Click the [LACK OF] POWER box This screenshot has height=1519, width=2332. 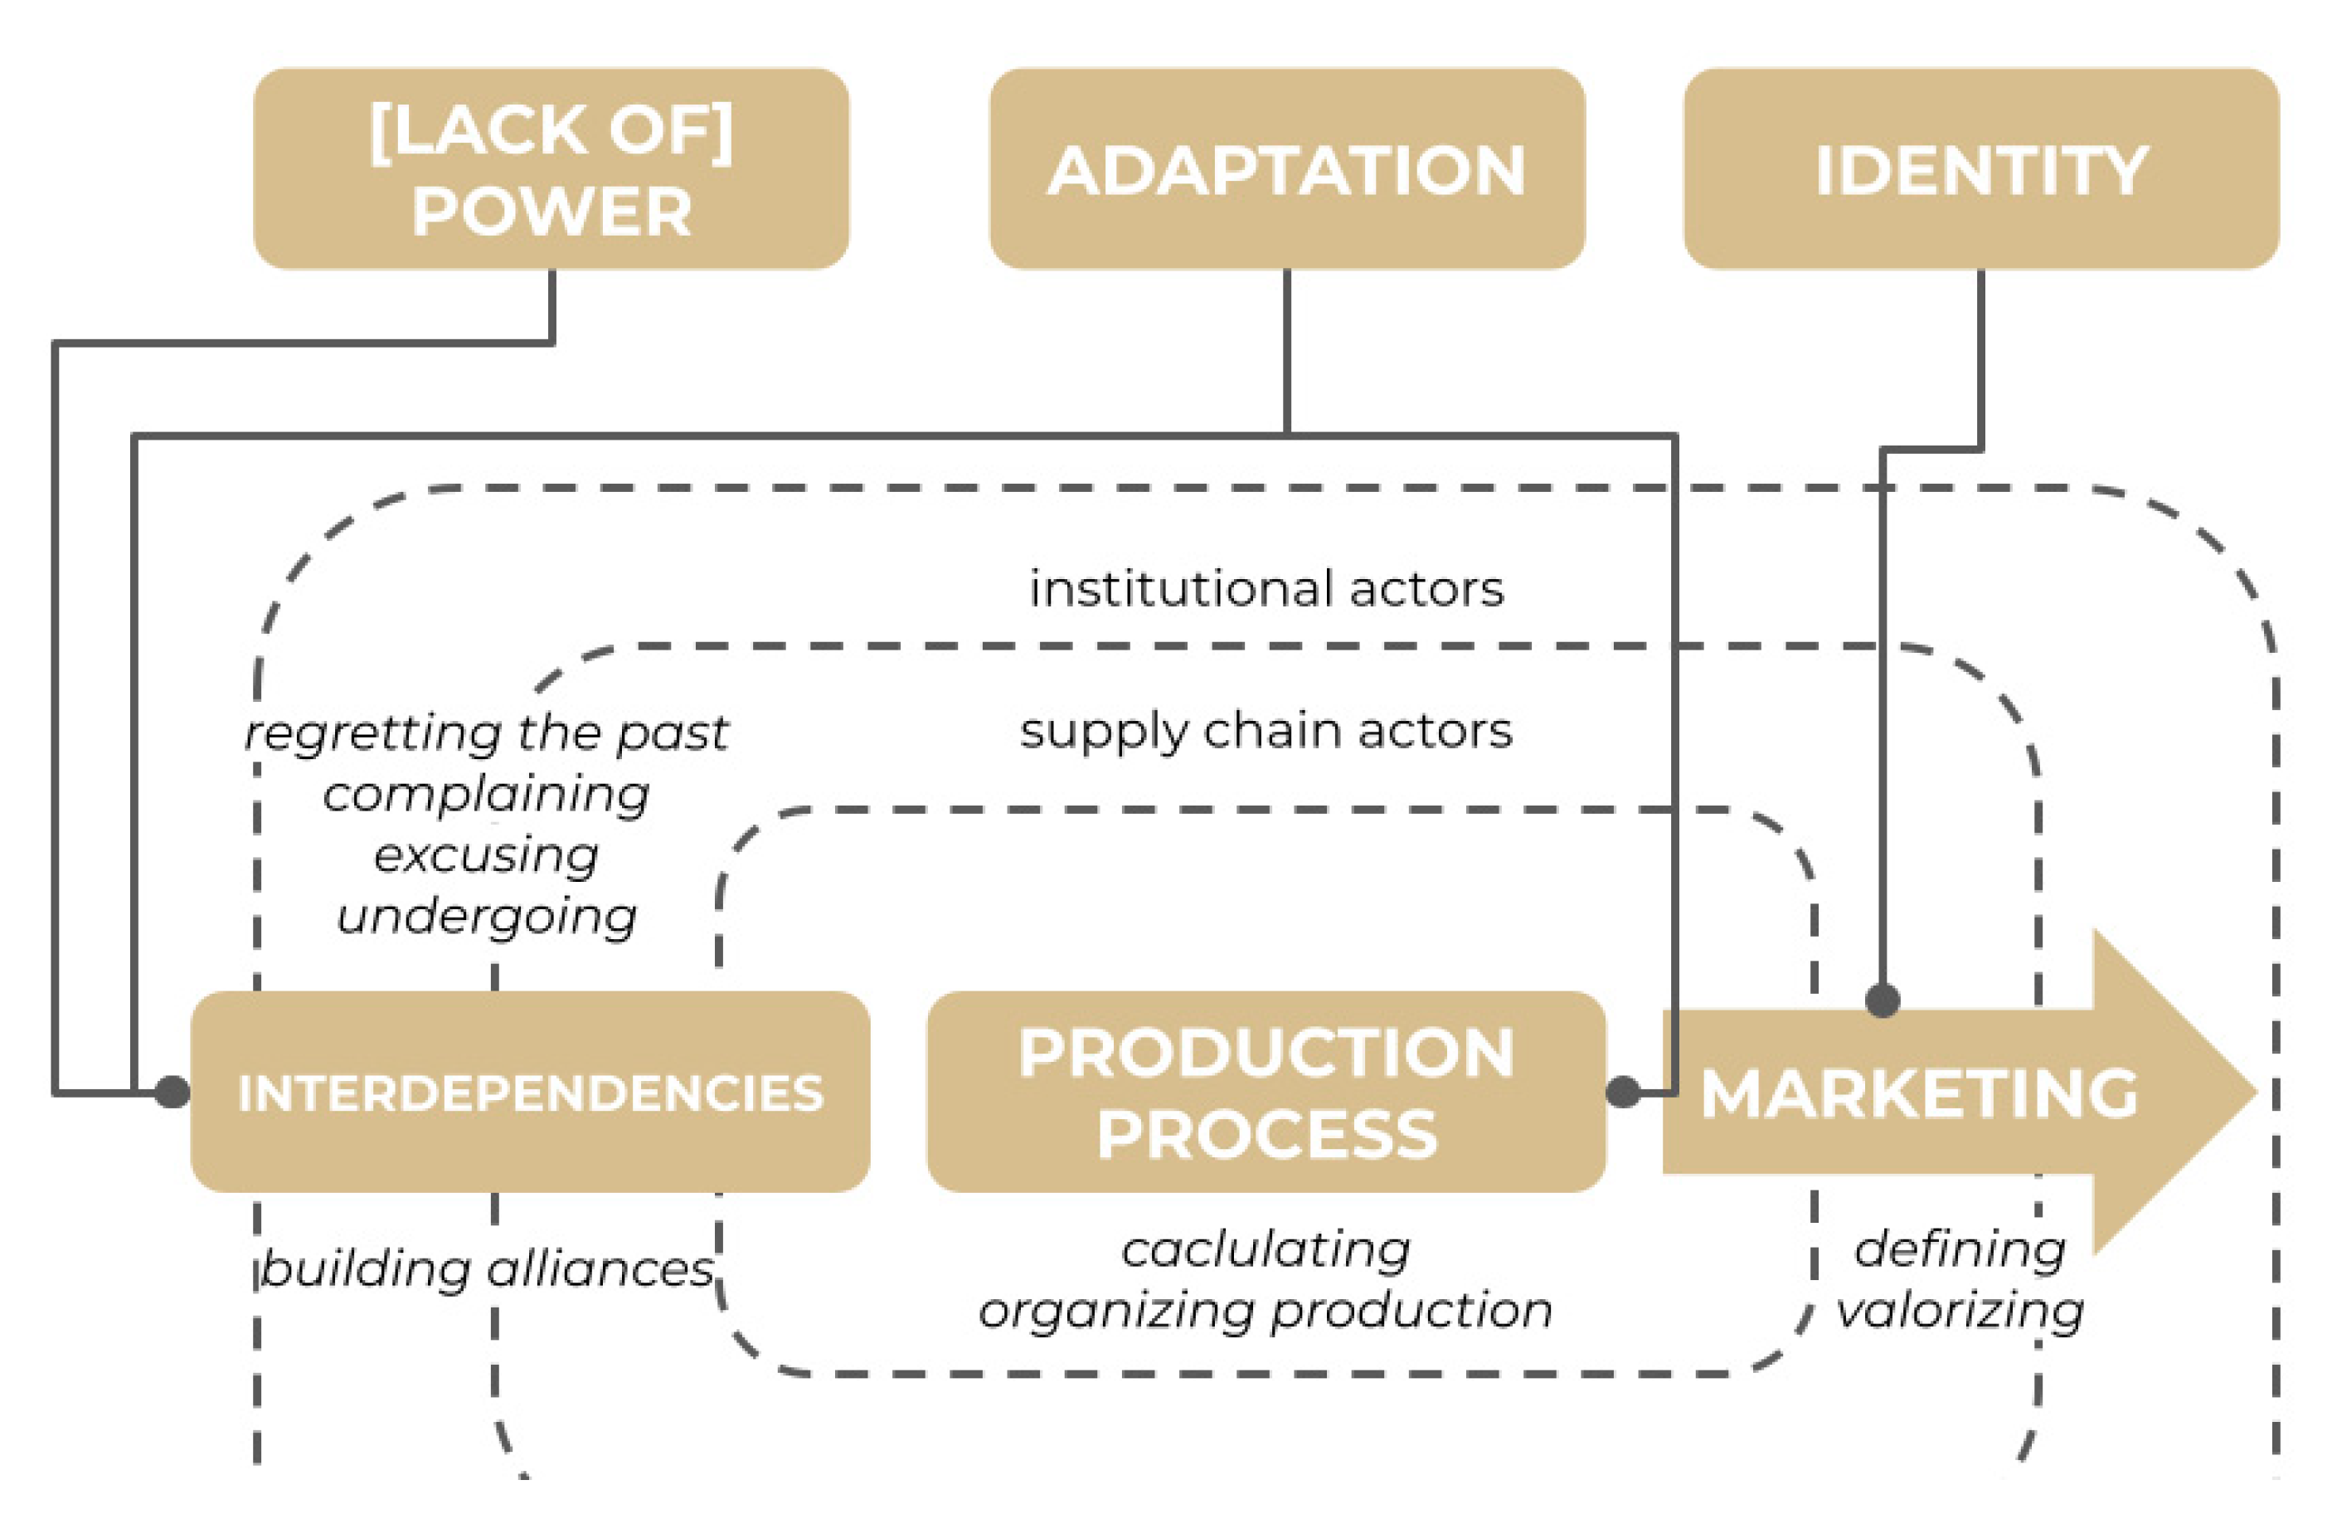click(551, 168)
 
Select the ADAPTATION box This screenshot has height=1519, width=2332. click(1286, 168)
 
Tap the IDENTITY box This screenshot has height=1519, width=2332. click(1980, 168)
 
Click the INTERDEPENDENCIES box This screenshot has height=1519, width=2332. click(530, 1093)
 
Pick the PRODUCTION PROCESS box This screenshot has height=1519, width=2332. click(1266, 1093)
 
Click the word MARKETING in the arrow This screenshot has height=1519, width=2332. click(1918, 1093)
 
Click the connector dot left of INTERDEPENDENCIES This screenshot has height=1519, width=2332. click(172, 1092)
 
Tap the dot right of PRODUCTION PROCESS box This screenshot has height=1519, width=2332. click(1624, 1092)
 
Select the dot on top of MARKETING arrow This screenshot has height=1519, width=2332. click(1883, 1000)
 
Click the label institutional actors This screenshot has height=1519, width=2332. click(1266, 589)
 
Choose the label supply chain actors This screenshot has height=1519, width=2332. click(1266, 731)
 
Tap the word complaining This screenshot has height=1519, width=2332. click(486, 795)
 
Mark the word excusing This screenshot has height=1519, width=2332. click(486, 855)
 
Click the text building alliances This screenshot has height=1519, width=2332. click(486, 1269)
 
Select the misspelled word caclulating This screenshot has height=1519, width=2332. click(1266, 1249)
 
